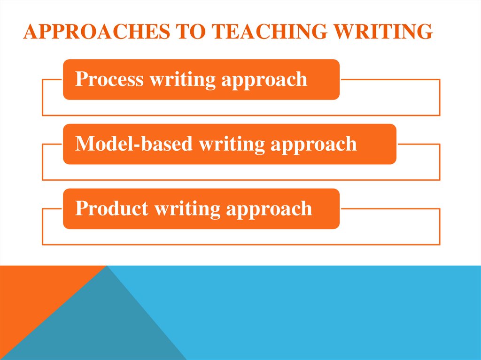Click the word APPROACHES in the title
(94, 32)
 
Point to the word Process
(109, 79)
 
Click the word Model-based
(134, 144)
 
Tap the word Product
(112, 208)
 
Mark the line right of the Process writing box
(390, 79)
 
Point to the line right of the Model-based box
(418, 144)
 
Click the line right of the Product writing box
(390, 208)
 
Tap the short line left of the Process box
(53, 79)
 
